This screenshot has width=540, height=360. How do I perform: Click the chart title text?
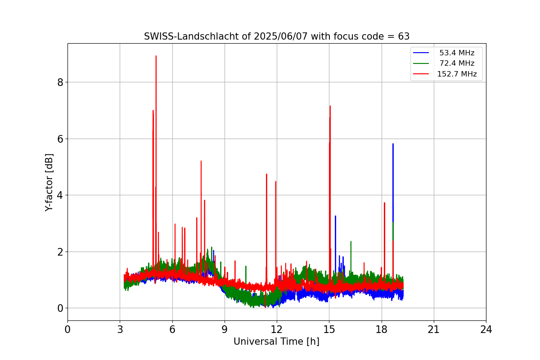pyautogui.click(x=276, y=36)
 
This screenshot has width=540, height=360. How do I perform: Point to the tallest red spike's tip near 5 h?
pyautogui.click(x=156, y=56)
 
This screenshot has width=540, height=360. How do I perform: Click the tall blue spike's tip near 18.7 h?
pyautogui.click(x=393, y=144)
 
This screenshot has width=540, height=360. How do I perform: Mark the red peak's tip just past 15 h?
pyautogui.click(x=330, y=106)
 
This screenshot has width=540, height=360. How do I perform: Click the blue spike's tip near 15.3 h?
pyautogui.click(x=335, y=216)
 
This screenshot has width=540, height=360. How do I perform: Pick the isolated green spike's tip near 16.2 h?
pyautogui.click(x=351, y=241)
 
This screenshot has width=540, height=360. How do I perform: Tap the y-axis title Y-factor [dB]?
pyautogui.click(x=49, y=182)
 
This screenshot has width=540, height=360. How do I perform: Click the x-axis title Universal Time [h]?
pyautogui.click(x=276, y=342)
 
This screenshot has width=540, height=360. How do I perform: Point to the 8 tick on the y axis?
pyautogui.click(x=59, y=82)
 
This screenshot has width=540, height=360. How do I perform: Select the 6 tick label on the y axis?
pyautogui.click(x=59, y=139)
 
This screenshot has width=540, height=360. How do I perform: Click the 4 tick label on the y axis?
pyautogui.click(x=59, y=195)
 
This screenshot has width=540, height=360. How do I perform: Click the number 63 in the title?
pyautogui.click(x=404, y=36)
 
